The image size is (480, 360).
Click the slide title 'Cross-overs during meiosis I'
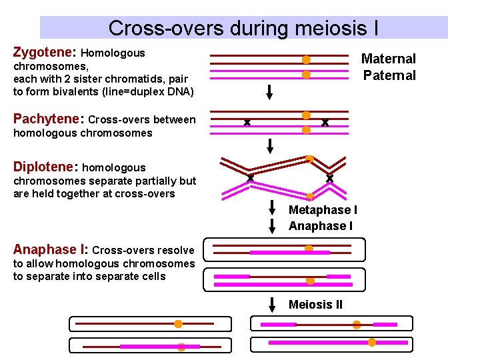pyautogui.click(x=243, y=28)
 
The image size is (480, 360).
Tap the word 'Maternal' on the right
pyautogui.click(x=388, y=59)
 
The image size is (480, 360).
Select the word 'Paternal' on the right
pyautogui.click(x=389, y=75)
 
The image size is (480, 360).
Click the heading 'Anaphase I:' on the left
pyautogui.click(x=51, y=250)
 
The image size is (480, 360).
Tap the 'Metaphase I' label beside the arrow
pyautogui.click(x=323, y=210)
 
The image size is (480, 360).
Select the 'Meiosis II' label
pyautogui.click(x=315, y=305)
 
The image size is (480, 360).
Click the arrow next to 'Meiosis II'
pyautogui.click(x=272, y=305)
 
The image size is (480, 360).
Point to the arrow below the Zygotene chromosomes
pyautogui.click(x=269, y=92)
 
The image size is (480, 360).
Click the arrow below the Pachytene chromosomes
pyautogui.click(x=270, y=145)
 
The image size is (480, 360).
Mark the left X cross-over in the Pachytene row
pyautogui.click(x=247, y=123)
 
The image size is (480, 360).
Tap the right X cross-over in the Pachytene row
pyautogui.click(x=325, y=123)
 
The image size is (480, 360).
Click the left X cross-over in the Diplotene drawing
pyautogui.click(x=251, y=178)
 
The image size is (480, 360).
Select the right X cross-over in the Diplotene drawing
pyautogui.click(x=329, y=178)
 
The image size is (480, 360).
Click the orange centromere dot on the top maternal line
pyautogui.click(x=306, y=60)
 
